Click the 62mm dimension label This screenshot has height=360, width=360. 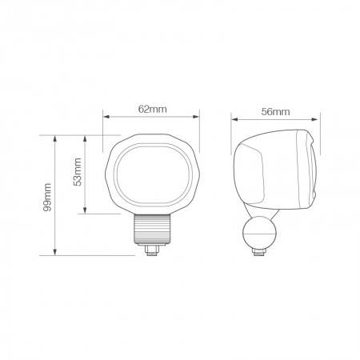coord(152,109)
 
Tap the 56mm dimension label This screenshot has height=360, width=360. coord(275,112)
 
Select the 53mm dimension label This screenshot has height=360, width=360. coord(78,172)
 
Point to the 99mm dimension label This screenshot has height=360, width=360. coord(47,197)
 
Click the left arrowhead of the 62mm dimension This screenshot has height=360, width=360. coord(106,117)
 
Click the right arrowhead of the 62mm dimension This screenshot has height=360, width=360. coord(196,117)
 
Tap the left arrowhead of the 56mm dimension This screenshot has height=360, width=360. coord(234,119)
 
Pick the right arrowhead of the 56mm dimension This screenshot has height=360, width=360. coord(315,119)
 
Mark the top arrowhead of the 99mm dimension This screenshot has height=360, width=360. coord(55,138)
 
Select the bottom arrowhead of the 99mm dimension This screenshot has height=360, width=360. coord(55,252)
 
